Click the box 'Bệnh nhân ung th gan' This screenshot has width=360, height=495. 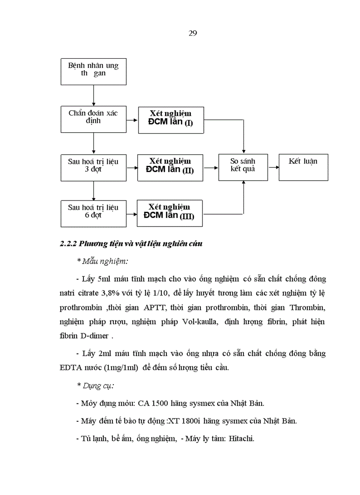[x=94, y=71]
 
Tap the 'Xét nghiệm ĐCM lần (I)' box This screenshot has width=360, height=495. [x=171, y=120]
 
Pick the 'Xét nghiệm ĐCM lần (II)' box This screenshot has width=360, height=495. [x=171, y=167]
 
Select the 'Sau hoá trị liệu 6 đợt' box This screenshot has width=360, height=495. [x=94, y=213]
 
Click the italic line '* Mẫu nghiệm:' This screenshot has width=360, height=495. [x=102, y=261]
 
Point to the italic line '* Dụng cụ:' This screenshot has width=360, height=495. [x=95, y=385]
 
